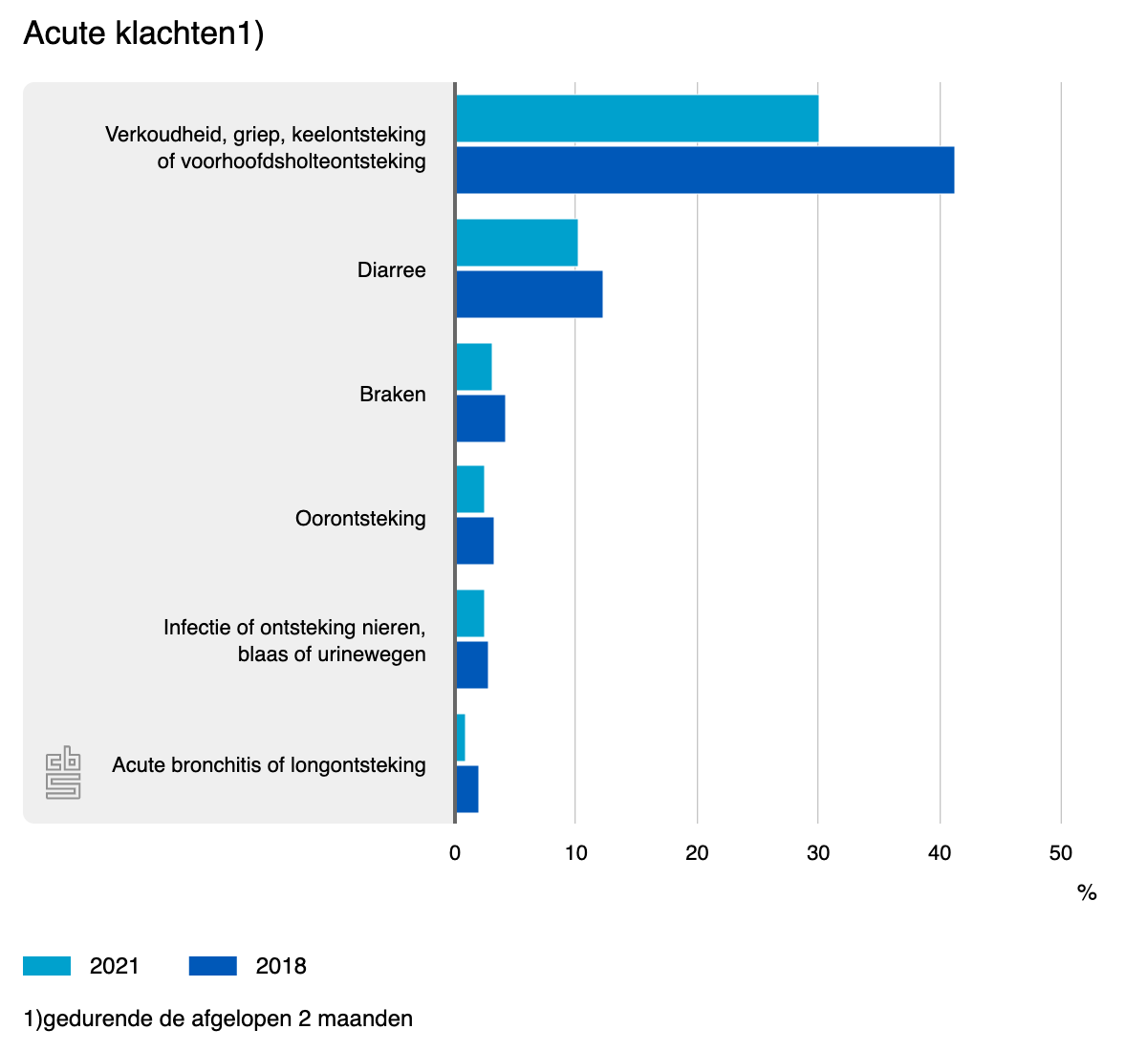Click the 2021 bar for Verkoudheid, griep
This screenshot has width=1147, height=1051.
click(637, 118)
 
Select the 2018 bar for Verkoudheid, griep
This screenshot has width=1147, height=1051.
click(704, 170)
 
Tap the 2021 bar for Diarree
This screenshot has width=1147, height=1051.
click(516, 243)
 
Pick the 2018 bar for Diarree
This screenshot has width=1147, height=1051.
click(529, 294)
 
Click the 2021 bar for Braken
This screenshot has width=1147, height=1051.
click(473, 367)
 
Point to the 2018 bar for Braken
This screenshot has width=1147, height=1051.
click(480, 418)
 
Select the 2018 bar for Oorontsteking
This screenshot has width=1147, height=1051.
click(474, 541)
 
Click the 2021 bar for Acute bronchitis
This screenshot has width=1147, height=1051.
click(460, 738)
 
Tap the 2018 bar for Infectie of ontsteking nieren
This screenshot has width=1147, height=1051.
click(471, 665)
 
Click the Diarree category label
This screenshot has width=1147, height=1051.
click(391, 270)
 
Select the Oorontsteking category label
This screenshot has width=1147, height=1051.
click(360, 519)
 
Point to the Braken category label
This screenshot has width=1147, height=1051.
click(392, 395)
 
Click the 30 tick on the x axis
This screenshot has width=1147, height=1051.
click(818, 853)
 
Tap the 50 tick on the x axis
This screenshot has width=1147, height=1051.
click(1060, 853)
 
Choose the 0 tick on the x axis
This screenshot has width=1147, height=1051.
click(455, 853)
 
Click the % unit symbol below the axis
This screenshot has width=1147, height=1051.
click(1087, 893)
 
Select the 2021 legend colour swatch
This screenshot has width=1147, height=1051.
click(47, 966)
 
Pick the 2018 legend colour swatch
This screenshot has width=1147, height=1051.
click(212, 966)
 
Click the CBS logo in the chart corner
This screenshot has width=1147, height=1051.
click(63, 772)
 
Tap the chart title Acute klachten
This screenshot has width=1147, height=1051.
click(143, 33)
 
